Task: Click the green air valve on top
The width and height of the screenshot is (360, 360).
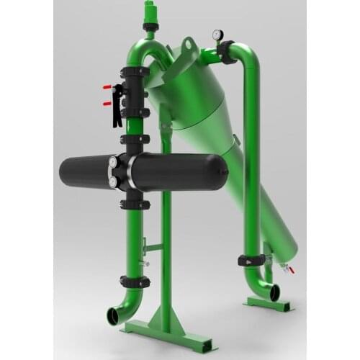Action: (x=150, y=12)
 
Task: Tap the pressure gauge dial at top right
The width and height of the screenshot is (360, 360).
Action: (x=216, y=34)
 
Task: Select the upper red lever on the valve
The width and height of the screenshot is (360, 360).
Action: (x=108, y=88)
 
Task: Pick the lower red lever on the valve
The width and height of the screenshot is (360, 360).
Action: (x=108, y=104)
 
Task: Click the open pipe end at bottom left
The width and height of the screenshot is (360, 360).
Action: (x=114, y=316)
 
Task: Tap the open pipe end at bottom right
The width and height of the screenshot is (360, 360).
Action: (x=274, y=293)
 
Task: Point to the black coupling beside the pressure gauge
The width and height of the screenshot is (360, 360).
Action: (x=230, y=51)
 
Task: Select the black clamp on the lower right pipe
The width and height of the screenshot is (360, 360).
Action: (x=249, y=261)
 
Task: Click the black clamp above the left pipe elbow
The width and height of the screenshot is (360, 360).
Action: (x=135, y=282)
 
